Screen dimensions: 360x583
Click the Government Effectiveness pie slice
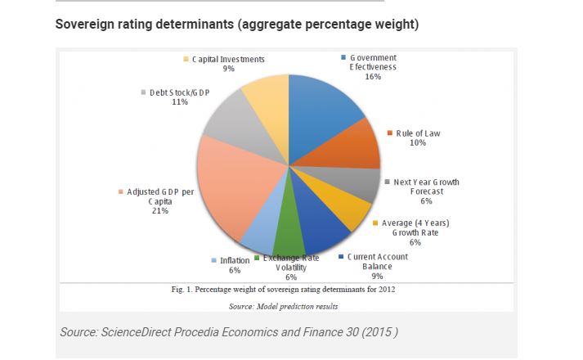pos(327,106)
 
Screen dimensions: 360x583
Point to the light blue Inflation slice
pos(259,233)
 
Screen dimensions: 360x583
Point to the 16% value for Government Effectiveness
pos(373,77)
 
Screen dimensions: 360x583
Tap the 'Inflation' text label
pos(235,261)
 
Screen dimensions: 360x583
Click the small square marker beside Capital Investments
pos(186,59)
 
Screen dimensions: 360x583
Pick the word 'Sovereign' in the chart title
pos(87,24)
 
